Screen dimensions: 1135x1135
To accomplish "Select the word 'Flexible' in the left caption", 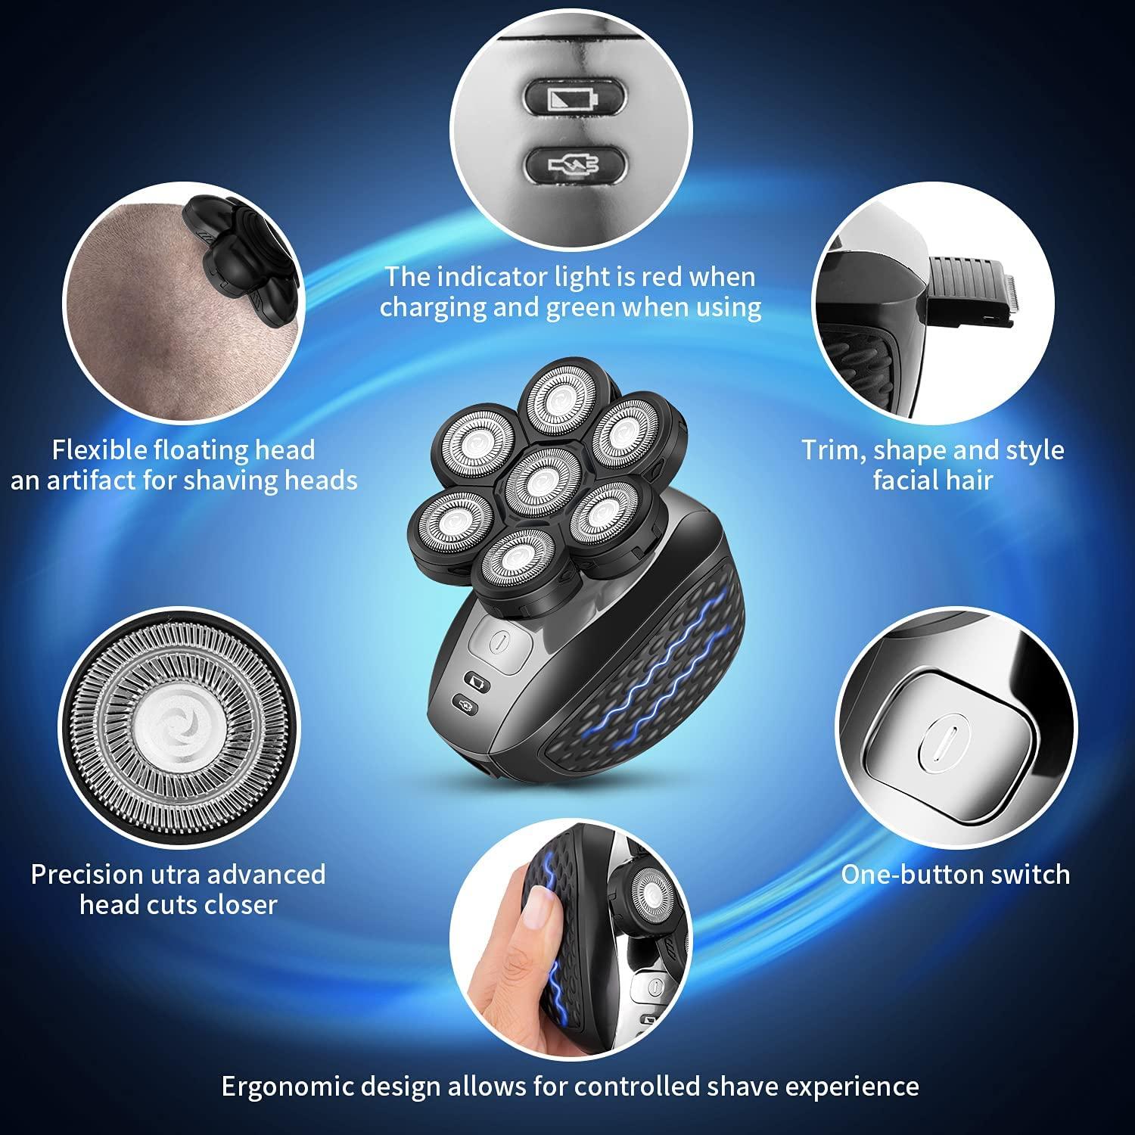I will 98,450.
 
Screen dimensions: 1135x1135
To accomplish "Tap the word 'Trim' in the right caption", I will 832,450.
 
